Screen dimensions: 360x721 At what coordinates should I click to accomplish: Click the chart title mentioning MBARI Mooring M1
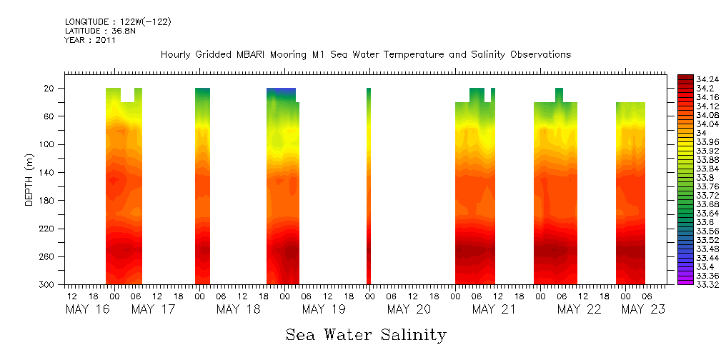tap(365, 55)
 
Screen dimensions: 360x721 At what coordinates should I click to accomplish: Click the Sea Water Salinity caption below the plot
tap(366, 334)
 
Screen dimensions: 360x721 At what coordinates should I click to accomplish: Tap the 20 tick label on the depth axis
tap(50, 89)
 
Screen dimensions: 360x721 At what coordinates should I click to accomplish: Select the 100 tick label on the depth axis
tap(48, 144)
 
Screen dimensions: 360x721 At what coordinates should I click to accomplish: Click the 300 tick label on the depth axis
tap(48, 285)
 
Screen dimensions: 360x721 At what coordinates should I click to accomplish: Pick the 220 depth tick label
tap(48, 229)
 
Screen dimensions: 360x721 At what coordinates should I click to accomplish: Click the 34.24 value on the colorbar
tap(707, 79)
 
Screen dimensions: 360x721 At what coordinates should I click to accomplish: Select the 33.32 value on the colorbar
tap(707, 284)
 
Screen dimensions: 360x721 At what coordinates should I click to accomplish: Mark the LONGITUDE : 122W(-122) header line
tap(118, 22)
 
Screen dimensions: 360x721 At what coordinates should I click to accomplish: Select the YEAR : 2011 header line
tap(90, 41)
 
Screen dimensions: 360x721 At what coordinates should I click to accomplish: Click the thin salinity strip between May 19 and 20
tap(369, 186)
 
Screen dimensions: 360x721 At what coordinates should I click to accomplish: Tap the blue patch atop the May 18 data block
tap(281, 92)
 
